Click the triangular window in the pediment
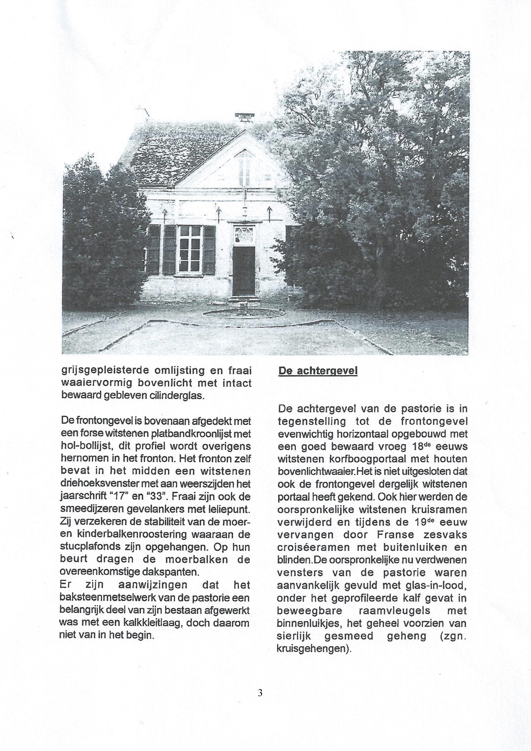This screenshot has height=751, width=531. click(244, 168)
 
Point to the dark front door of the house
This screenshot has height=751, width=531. click(244, 271)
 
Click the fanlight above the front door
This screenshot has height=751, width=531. click(244, 234)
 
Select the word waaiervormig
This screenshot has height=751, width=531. click(96, 383)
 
